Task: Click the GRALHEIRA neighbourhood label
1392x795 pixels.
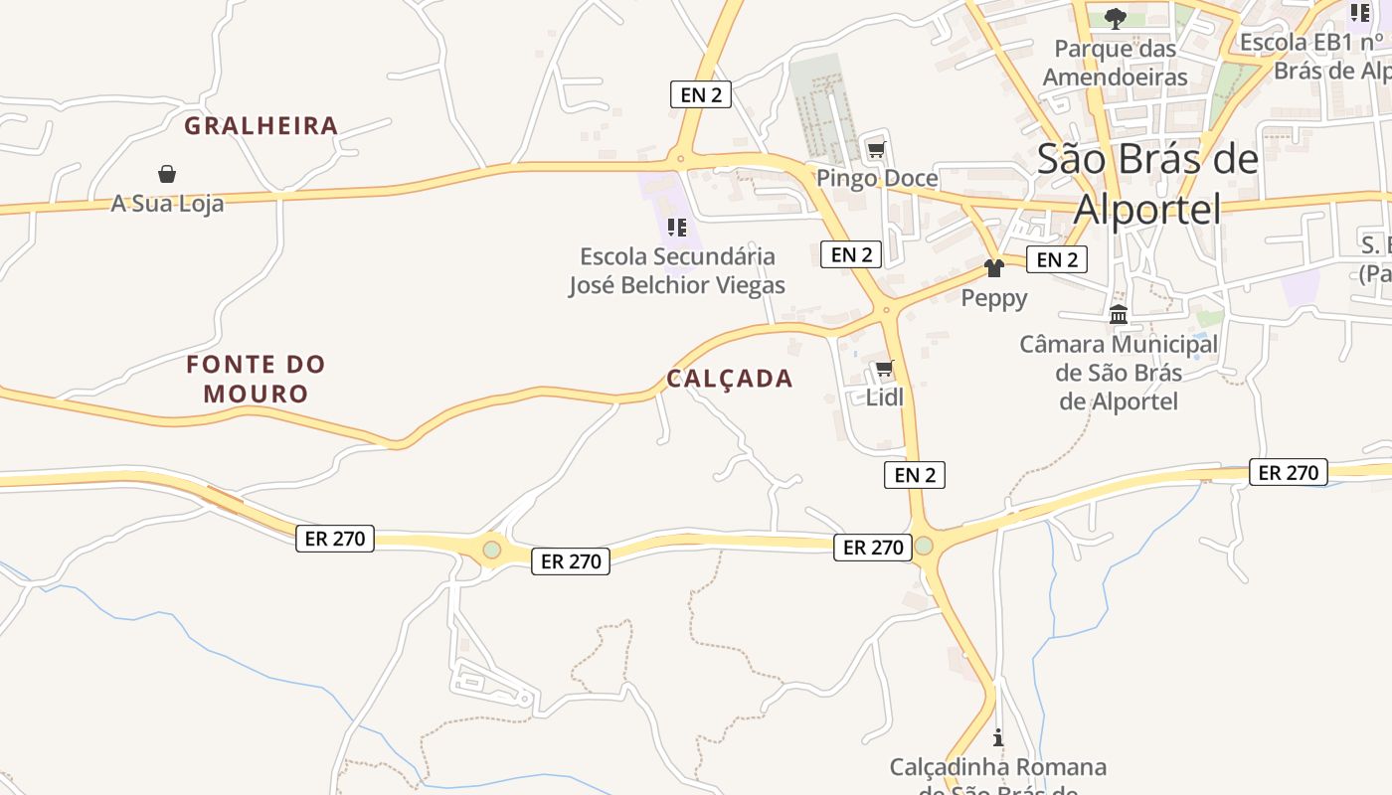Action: (x=261, y=126)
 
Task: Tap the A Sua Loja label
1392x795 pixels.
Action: (x=167, y=204)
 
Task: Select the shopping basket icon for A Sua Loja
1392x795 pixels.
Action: (x=167, y=175)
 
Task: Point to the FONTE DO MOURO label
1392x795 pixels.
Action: (x=257, y=379)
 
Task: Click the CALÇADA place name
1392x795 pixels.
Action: (x=730, y=379)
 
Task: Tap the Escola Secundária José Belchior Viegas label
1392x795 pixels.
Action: (x=677, y=270)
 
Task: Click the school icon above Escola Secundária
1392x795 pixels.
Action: (x=677, y=228)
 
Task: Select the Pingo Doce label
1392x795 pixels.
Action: (x=877, y=178)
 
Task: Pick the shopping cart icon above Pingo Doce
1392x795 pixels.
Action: (x=876, y=151)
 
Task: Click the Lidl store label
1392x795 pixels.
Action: (x=885, y=397)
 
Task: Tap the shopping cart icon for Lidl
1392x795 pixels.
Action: (x=885, y=370)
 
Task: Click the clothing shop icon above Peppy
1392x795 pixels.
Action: (x=993, y=268)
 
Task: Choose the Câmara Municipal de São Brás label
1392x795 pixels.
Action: (x=1119, y=373)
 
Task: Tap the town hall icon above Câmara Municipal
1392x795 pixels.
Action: (x=1119, y=315)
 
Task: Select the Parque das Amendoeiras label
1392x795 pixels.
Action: (x=1116, y=63)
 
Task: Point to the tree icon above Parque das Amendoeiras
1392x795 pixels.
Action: (x=1116, y=18)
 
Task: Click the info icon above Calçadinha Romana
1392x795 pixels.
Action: (x=998, y=738)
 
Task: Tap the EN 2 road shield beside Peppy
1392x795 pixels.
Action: (x=1056, y=259)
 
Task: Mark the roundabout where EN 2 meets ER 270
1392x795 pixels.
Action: (x=924, y=546)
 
